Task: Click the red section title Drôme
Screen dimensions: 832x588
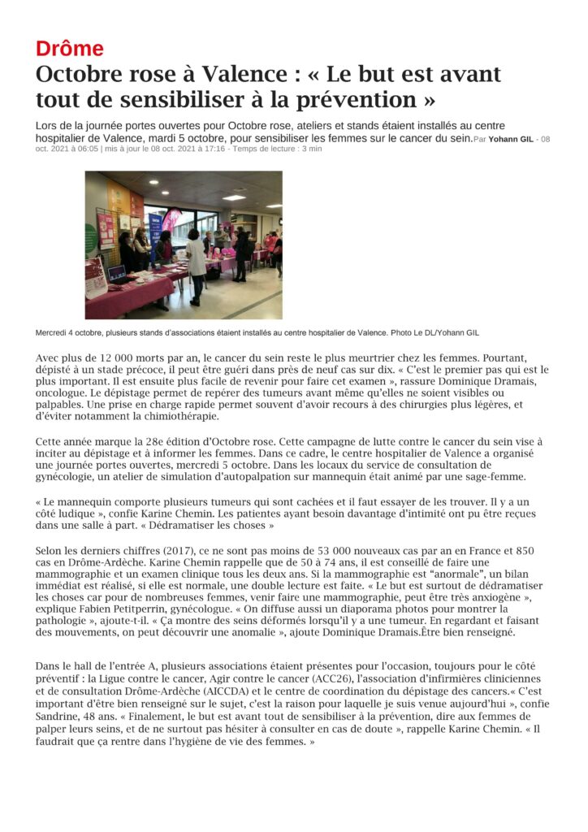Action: pyautogui.click(x=70, y=48)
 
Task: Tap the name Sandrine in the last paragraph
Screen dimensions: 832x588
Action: pyautogui.click(x=60, y=717)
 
